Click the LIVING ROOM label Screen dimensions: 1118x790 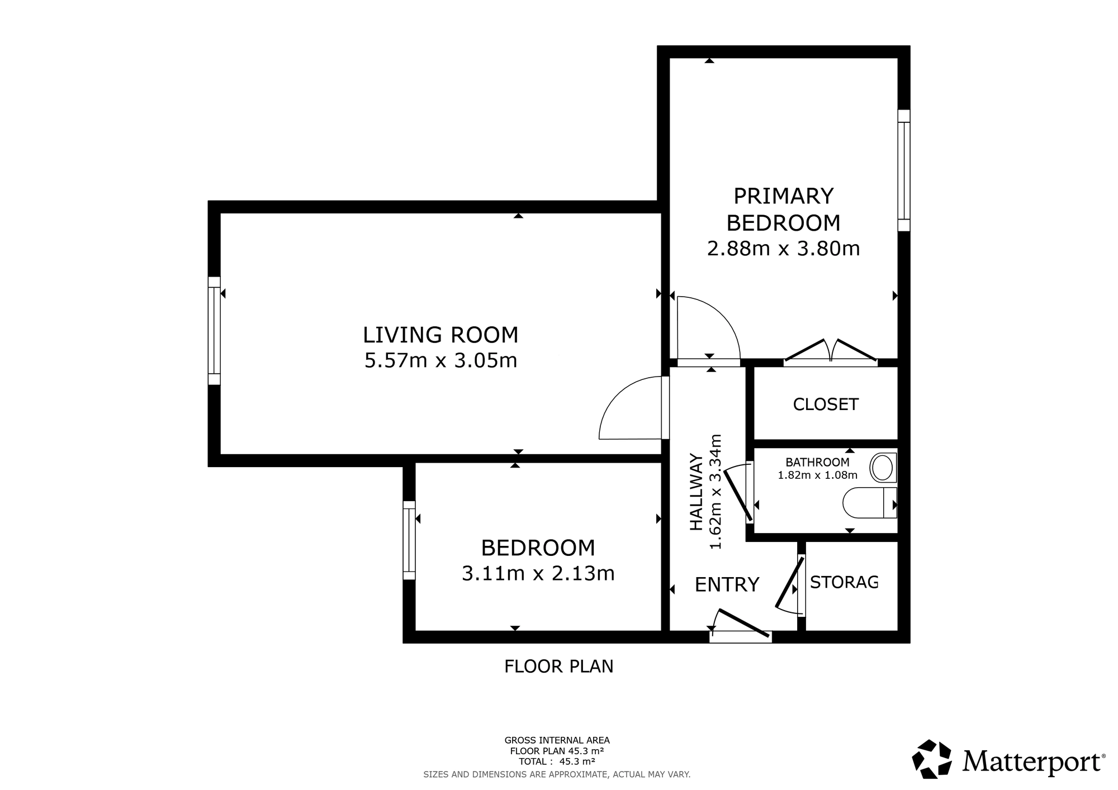click(440, 335)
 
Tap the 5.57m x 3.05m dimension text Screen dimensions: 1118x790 click(440, 360)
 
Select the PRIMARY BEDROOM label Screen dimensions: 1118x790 click(783, 210)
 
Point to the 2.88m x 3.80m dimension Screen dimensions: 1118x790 click(783, 248)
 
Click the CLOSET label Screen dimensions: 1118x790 click(826, 404)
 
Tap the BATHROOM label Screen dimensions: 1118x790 click(817, 462)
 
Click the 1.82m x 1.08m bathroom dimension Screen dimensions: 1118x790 click(817, 475)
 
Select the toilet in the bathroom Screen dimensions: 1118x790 click(870, 502)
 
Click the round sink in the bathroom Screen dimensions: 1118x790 click(883, 468)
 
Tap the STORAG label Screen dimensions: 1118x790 click(844, 582)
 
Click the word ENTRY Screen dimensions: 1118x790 click(727, 584)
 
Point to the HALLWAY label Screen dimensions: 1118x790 click(696, 491)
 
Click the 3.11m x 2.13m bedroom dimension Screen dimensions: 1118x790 click(538, 573)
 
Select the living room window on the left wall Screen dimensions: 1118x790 click(214, 331)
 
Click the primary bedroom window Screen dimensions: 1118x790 click(904, 170)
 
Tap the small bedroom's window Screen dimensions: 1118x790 click(409, 540)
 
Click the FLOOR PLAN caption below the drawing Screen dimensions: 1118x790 click(559, 667)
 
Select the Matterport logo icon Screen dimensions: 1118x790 click(932, 759)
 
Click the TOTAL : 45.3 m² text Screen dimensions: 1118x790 click(557, 761)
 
